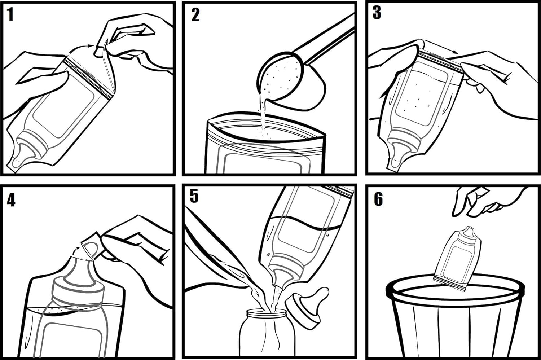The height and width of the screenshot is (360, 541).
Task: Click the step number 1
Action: point(10,15)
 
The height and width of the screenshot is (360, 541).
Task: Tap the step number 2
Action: point(195,15)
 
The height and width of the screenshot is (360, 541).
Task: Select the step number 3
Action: point(377,13)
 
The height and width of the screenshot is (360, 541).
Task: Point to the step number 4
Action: point(11,200)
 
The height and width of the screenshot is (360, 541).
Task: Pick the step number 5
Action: point(194,196)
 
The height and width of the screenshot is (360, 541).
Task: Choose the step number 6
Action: point(378,199)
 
